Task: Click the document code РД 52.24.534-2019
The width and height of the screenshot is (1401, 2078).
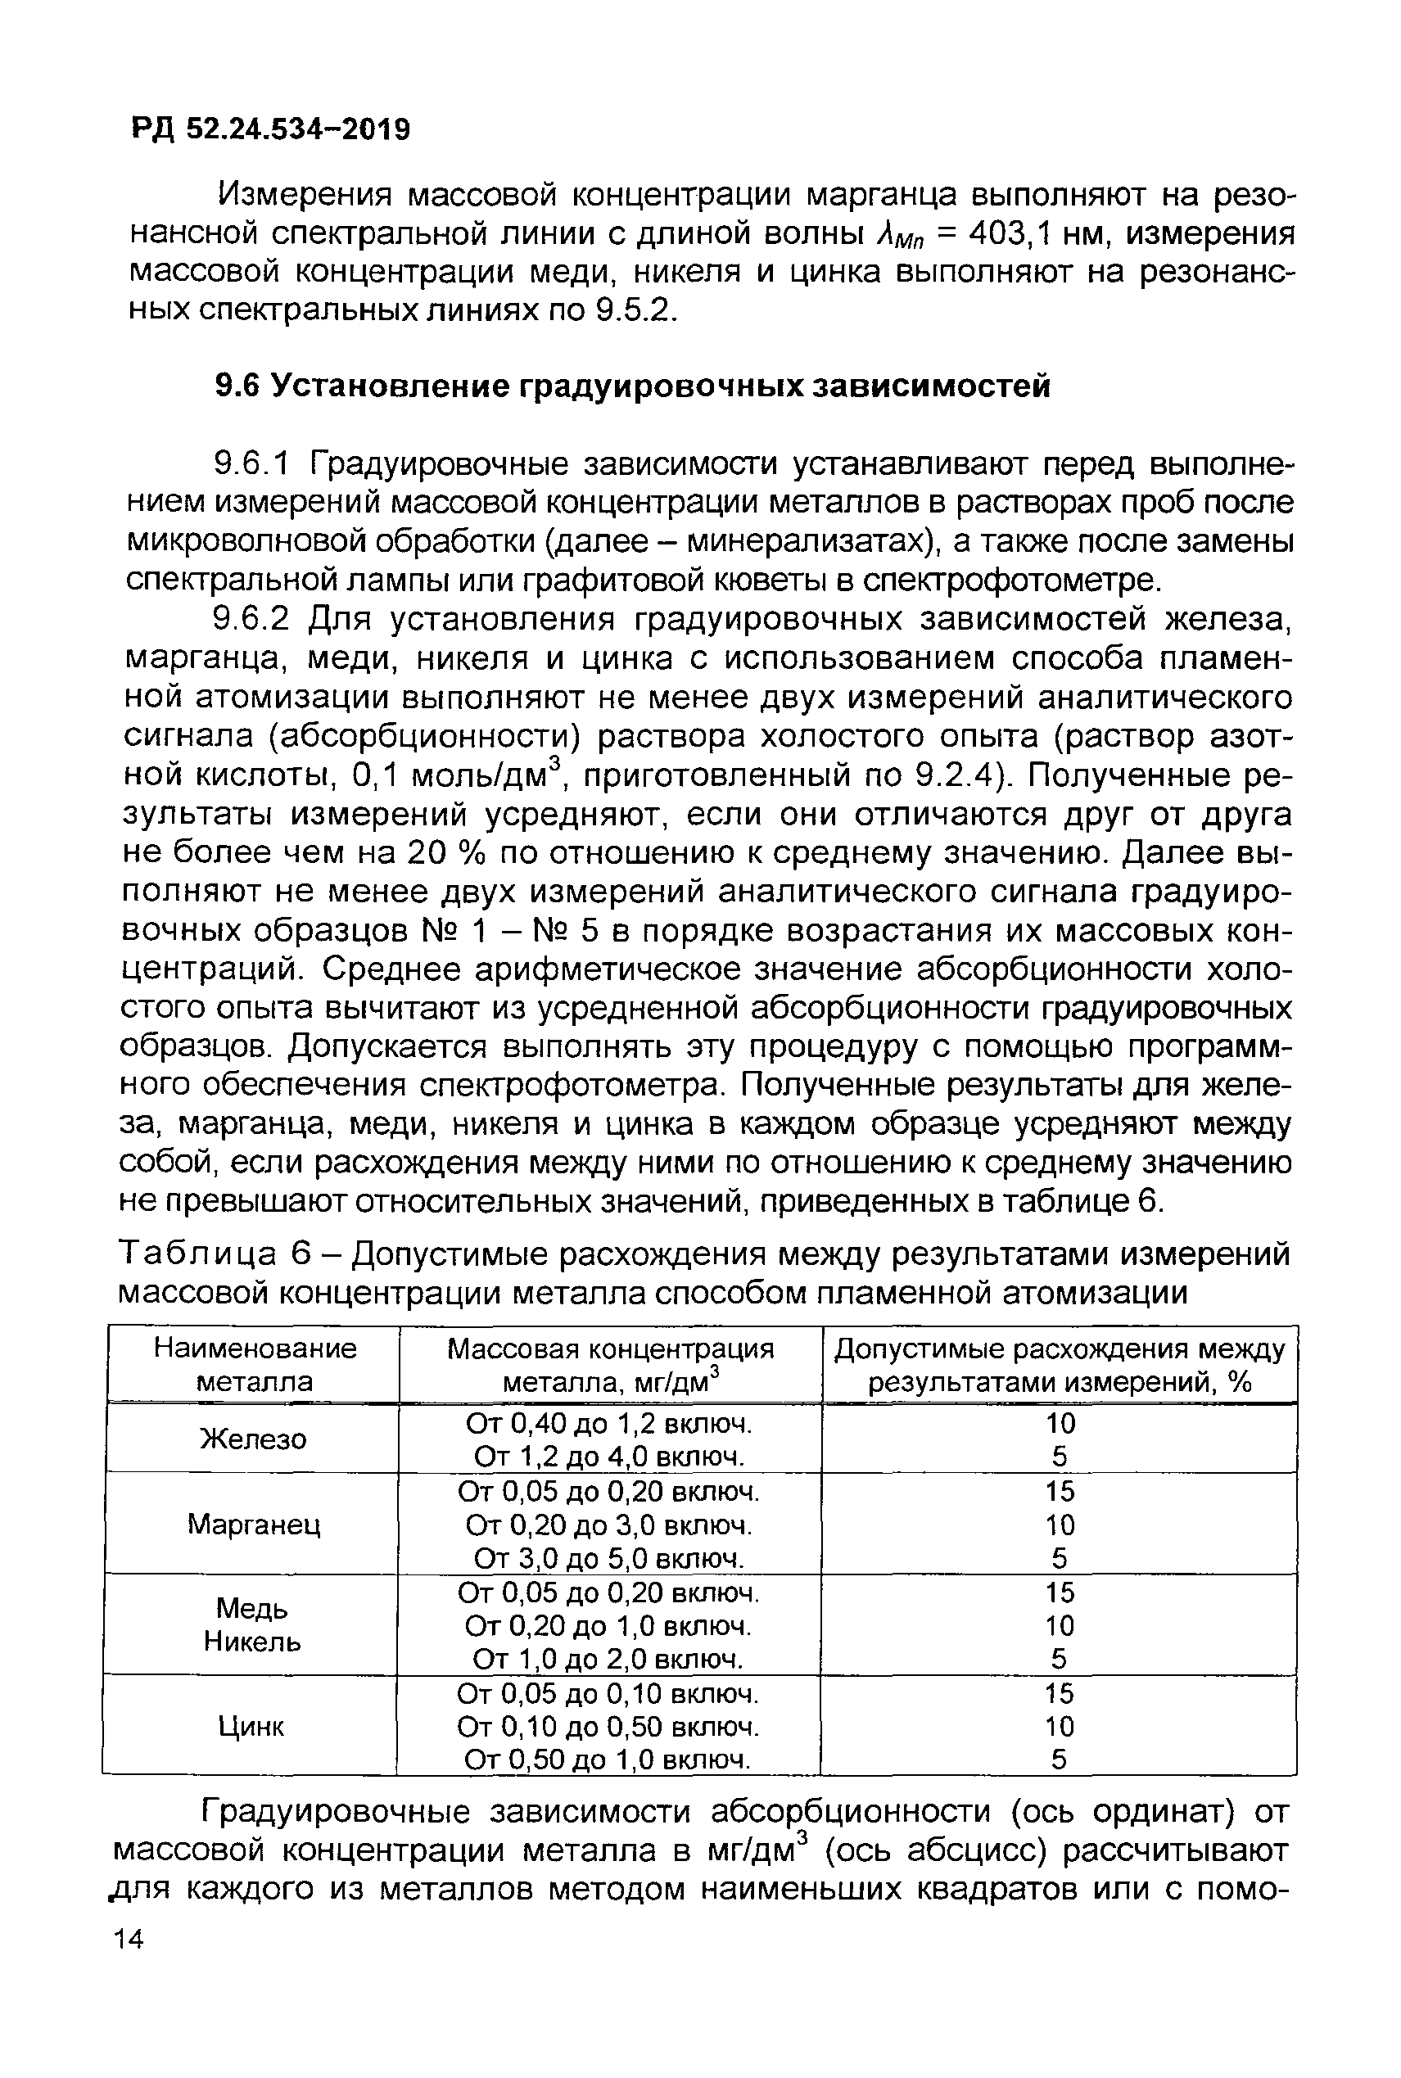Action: point(271,129)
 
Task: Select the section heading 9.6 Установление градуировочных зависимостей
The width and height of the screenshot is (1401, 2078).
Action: point(633,386)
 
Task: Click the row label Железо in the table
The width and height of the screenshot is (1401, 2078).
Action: point(253,1439)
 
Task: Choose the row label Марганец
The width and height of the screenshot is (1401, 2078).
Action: point(253,1524)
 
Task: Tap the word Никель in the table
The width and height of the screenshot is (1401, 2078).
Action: point(252,1641)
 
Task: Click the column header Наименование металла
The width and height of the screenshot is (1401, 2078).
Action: point(254,1364)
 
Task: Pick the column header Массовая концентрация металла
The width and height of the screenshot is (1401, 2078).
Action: point(610,1364)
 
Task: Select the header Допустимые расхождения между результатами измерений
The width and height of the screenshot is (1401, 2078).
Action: point(1059,1364)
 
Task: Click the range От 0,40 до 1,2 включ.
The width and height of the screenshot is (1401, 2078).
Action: point(609,1421)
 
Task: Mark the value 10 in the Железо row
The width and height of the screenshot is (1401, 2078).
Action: point(1060,1422)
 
